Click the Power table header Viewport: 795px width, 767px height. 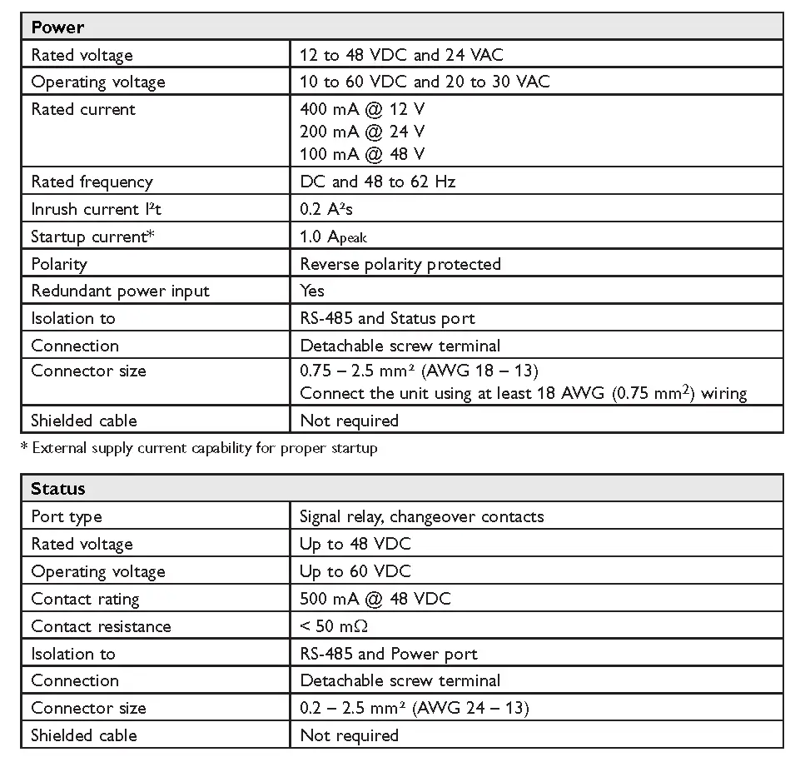coord(57,27)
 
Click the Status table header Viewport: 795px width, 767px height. coord(58,489)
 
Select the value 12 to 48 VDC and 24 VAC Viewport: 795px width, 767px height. coord(401,55)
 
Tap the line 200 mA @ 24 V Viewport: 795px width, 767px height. coord(362,131)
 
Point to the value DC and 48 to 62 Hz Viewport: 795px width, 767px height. coord(377,182)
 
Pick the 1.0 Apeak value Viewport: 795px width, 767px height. coord(333,237)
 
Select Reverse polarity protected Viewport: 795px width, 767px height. coord(400,264)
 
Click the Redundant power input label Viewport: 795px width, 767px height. coord(120,291)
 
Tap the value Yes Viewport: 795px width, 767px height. coord(312,291)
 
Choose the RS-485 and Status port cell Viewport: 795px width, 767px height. coord(387,318)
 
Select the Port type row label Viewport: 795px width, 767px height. coord(67,516)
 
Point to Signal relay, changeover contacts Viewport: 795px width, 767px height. coord(421,516)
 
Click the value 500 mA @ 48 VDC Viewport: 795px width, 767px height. coord(375,599)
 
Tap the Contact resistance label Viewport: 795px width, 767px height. coord(101,626)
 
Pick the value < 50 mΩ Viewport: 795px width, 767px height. coord(335,626)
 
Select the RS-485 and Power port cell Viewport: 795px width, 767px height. coord(389,654)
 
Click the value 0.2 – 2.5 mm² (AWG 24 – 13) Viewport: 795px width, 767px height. coord(414,708)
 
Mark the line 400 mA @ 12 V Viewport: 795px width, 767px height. coord(362,108)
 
